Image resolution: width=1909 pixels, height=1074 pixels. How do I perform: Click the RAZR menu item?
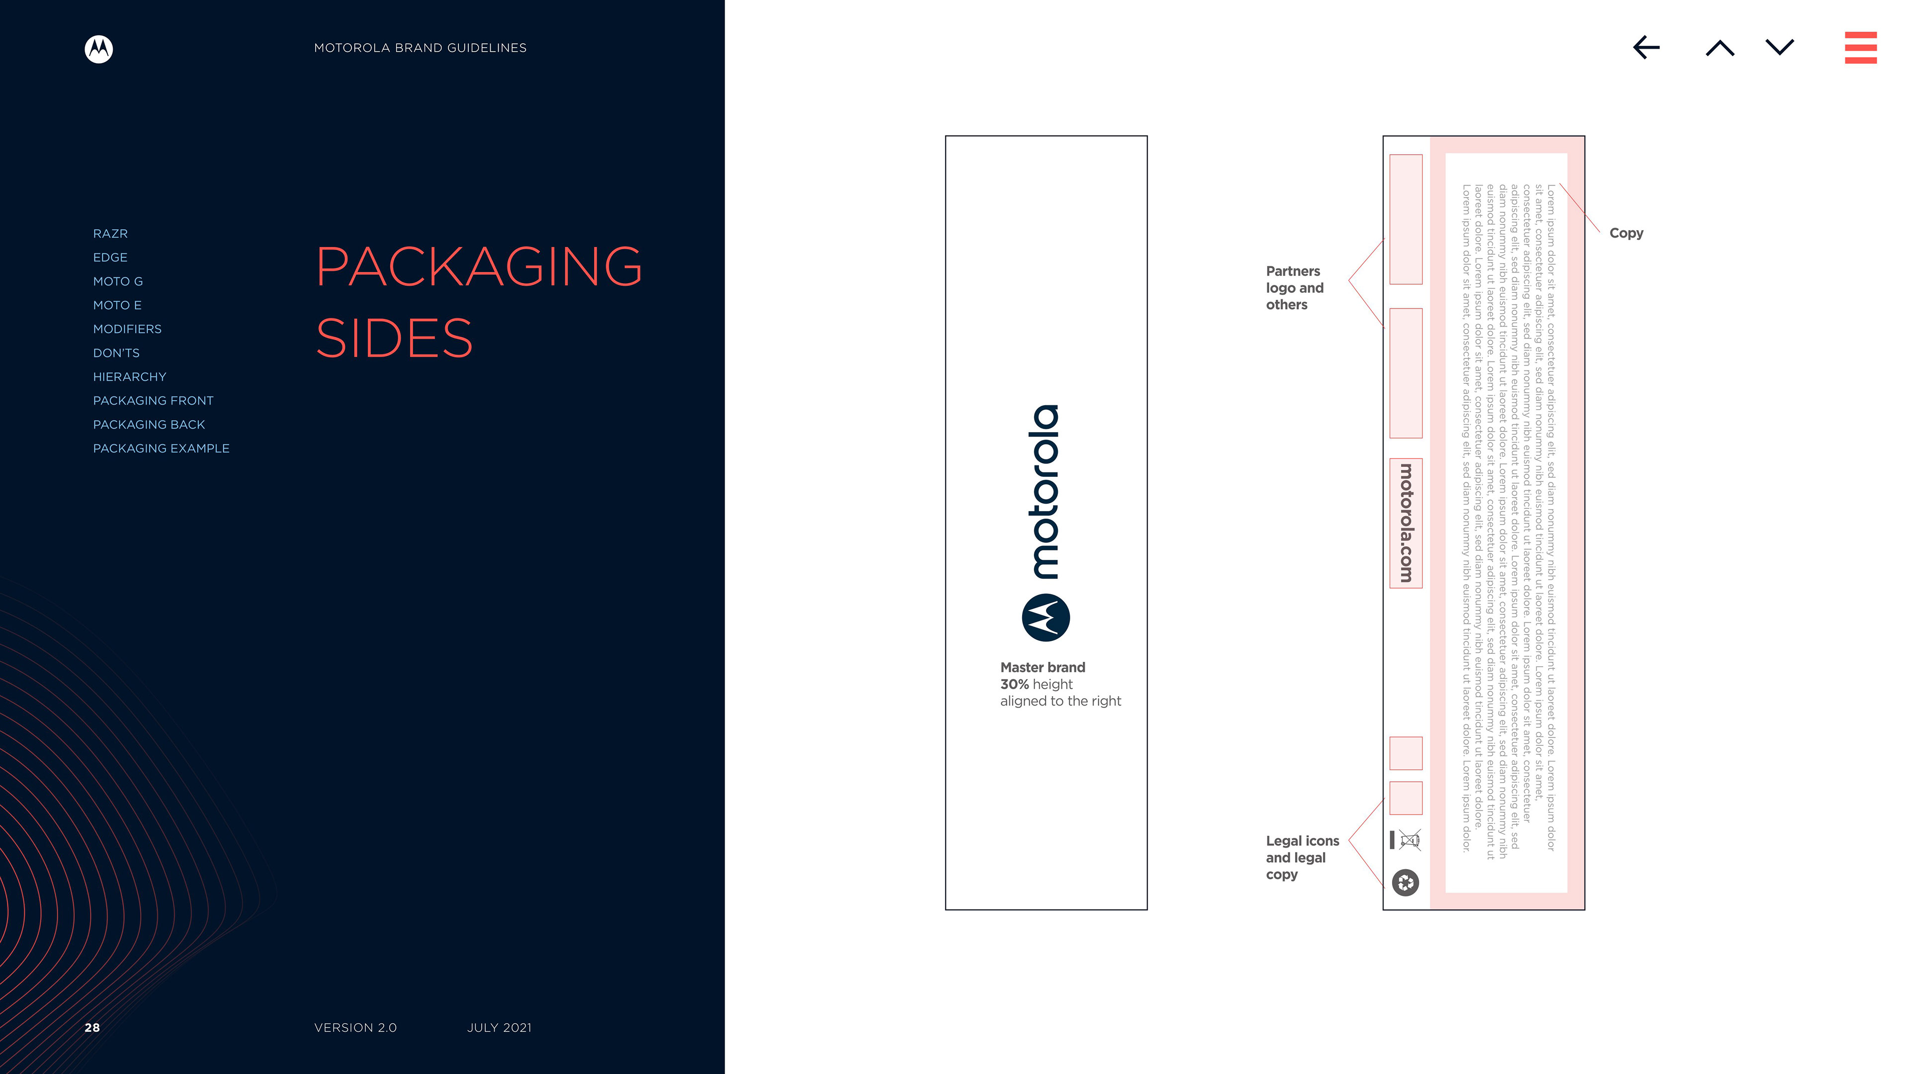click(x=110, y=234)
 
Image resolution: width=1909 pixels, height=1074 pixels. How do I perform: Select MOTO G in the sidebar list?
click(x=118, y=281)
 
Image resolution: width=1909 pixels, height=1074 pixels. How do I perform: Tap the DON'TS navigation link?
click(x=116, y=353)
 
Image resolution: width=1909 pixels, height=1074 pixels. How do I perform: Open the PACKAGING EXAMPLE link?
click(x=161, y=448)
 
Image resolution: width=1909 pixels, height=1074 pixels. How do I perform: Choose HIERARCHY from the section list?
click(x=130, y=376)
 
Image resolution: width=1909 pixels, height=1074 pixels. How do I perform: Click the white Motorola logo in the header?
click(x=98, y=49)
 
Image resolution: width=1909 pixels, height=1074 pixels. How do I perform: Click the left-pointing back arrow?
click(x=1646, y=47)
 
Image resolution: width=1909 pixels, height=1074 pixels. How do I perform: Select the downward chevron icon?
click(x=1779, y=47)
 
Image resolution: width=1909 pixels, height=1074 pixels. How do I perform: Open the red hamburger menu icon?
click(x=1860, y=47)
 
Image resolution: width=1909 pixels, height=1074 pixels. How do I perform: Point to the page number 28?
click(x=92, y=1027)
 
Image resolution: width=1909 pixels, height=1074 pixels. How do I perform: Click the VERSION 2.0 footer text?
click(x=355, y=1027)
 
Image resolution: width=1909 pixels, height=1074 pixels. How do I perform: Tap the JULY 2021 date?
click(x=499, y=1027)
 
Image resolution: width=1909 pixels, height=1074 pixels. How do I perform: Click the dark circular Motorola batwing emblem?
click(x=1045, y=618)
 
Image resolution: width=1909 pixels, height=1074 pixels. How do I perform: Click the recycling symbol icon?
click(x=1405, y=882)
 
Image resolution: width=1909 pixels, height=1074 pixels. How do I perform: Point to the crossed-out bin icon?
click(x=1409, y=840)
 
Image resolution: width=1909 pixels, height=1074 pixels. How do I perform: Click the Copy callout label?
click(x=1626, y=233)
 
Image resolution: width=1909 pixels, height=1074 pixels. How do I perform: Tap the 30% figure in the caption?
click(x=1014, y=684)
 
